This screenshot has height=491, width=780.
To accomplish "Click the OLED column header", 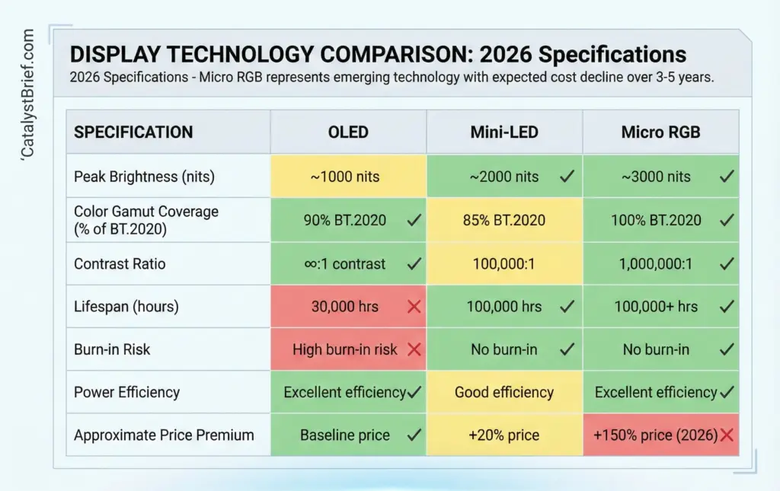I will pyautogui.click(x=348, y=132).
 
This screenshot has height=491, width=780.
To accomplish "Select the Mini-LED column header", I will pyautogui.click(x=503, y=132).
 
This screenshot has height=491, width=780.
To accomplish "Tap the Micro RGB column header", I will pyautogui.click(x=660, y=132).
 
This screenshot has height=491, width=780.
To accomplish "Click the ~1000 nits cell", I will pyautogui.click(x=348, y=177).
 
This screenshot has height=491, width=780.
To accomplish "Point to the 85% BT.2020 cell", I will pyautogui.click(x=503, y=221).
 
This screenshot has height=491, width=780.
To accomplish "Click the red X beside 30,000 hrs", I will pyautogui.click(x=414, y=307).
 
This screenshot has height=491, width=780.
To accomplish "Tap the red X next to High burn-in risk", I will pyautogui.click(x=414, y=349).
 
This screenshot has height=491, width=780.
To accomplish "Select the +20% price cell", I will pyautogui.click(x=503, y=435).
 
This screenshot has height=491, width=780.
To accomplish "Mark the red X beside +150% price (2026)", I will pyautogui.click(x=727, y=435).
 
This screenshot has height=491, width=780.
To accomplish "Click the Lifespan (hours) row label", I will pyautogui.click(x=126, y=307).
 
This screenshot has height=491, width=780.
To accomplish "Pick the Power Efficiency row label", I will pyautogui.click(x=126, y=393).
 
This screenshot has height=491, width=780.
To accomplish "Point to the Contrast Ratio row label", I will pyautogui.click(x=120, y=264).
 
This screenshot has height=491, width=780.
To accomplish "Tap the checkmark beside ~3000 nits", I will pyautogui.click(x=727, y=177).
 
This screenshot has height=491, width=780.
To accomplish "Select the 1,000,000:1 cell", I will pyautogui.click(x=656, y=264).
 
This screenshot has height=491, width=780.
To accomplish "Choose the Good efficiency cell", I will pyautogui.click(x=503, y=393).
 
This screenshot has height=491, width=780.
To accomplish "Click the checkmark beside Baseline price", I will pyautogui.click(x=414, y=435).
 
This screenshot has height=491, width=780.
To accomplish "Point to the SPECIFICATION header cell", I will pyautogui.click(x=133, y=132).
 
